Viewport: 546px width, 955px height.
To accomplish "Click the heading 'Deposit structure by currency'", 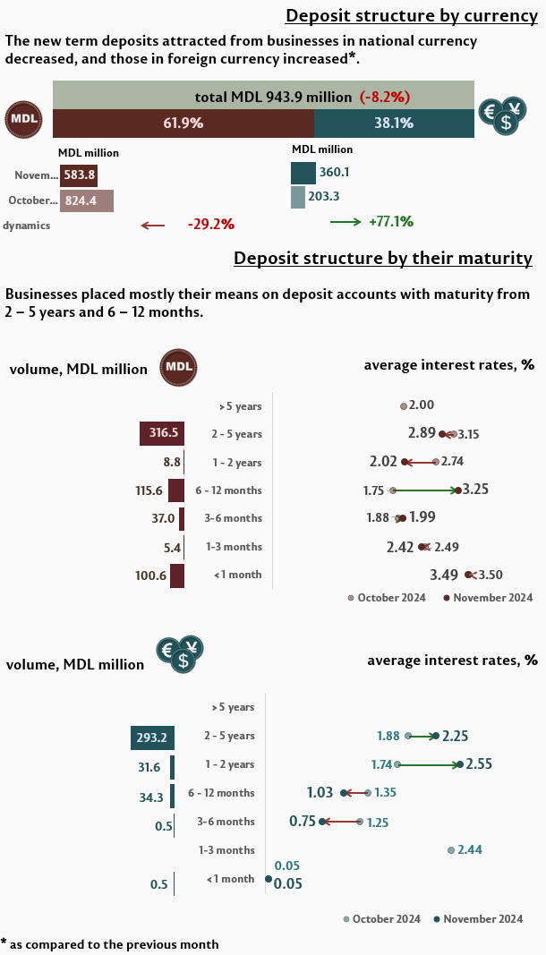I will (411, 16).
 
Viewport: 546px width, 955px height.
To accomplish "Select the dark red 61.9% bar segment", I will (183, 124).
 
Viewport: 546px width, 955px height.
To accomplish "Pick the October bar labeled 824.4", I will (86, 200).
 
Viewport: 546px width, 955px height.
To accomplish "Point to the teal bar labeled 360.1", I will (303, 172).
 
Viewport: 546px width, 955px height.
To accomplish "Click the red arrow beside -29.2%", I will (153, 226).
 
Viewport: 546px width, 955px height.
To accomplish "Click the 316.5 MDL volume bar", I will (162, 434).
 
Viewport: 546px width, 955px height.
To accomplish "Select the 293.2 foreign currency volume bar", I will (152, 737).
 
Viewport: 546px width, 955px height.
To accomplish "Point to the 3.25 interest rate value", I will (474, 490).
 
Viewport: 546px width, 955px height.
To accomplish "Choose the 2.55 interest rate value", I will (479, 764).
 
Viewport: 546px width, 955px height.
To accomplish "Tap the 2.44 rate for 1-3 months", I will (471, 849).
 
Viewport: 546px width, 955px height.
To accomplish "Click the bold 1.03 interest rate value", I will (320, 792).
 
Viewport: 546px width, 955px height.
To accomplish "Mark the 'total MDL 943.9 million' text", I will (275, 97).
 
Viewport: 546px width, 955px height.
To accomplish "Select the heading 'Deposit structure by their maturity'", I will (383, 259).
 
